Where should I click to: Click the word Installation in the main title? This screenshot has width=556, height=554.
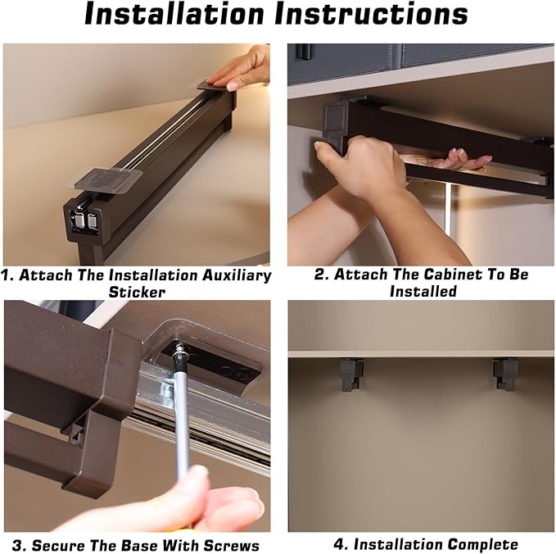point(174,13)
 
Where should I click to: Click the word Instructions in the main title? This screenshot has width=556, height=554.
point(371,13)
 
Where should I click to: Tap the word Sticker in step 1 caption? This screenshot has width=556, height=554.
point(137,292)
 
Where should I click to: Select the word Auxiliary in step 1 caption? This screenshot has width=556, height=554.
point(237,275)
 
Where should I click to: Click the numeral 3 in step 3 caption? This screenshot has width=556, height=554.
point(16,545)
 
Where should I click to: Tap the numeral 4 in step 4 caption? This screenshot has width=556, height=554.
point(339,544)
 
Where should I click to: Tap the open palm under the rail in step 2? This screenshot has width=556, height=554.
point(458,161)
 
